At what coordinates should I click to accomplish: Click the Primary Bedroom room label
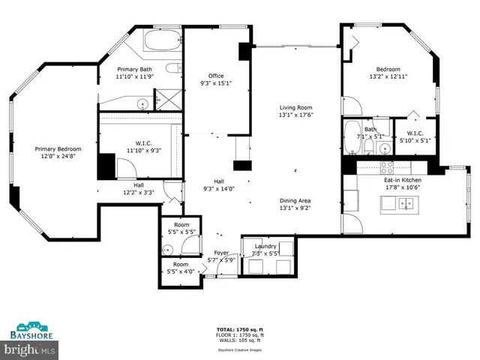(58, 149)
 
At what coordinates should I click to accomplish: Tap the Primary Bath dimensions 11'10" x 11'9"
(135, 76)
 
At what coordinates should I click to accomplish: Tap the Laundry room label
(265, 246)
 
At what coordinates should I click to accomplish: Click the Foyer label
(221, 253)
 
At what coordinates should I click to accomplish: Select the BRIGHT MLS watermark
(30, 349)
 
